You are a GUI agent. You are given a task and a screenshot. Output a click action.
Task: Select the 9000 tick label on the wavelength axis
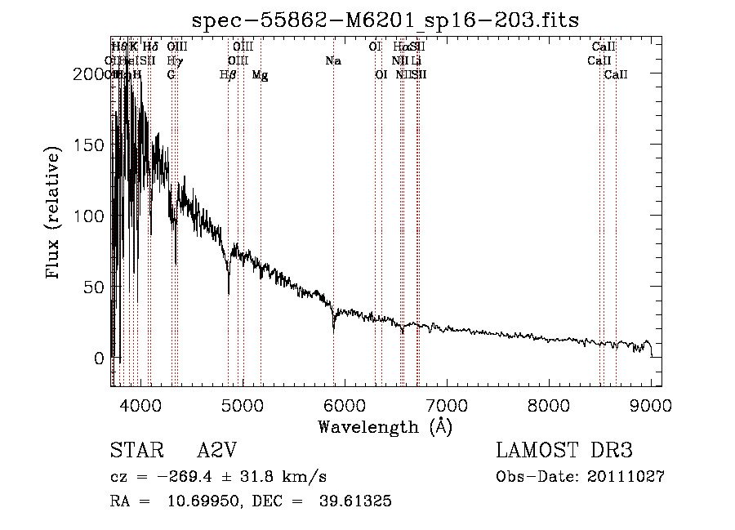(651, 405)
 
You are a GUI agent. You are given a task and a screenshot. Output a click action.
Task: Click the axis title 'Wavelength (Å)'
(385, 426)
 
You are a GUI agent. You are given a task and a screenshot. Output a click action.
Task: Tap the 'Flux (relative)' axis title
(55, 214)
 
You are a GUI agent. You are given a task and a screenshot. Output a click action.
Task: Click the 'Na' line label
(333, 61)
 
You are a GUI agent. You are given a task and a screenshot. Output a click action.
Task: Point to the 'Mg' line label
(260, 75)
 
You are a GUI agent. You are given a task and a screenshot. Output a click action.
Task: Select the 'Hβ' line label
(228, 75)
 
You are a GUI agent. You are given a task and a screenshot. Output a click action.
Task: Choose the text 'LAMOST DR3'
(563, 451)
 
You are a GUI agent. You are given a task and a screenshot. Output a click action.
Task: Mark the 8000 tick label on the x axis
(549, 405)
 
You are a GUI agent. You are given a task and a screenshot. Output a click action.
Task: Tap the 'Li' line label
(416, 61)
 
